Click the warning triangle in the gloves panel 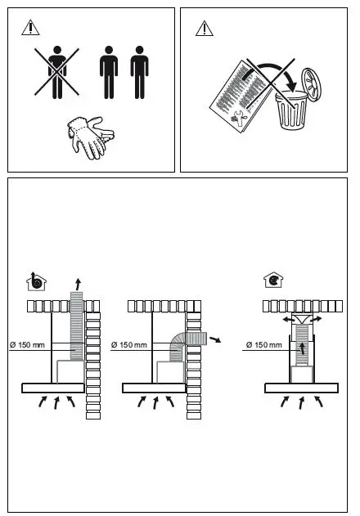pyautogui.click(x=30, y=29)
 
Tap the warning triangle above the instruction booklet pyautogui.click(x=204, y=29)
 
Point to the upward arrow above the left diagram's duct pyautogui.click(x=78, y=284)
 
